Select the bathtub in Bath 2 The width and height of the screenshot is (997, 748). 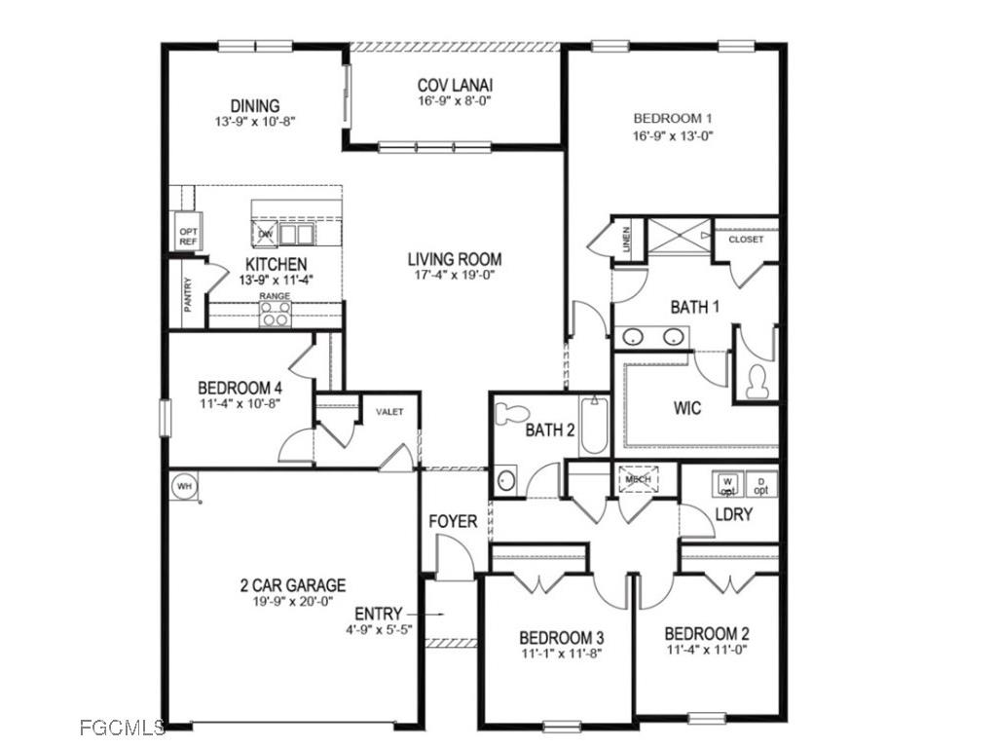594,427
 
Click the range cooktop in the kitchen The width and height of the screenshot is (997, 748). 275,313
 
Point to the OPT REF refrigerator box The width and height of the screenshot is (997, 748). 188,237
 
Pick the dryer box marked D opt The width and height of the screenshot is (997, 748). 761,484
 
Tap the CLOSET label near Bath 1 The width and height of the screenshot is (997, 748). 746,240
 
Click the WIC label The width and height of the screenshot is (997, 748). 686,408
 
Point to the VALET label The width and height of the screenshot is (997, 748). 389,412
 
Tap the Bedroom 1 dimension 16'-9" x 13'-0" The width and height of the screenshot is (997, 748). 674,136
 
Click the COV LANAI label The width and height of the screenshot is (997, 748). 455,85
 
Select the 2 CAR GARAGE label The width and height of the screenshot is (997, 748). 293,585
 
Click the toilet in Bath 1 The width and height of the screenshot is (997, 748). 756,381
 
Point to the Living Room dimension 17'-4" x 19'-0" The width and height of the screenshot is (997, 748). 455,276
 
